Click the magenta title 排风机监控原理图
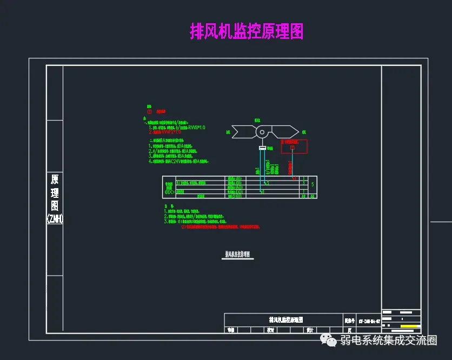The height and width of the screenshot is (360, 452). pos(247,31)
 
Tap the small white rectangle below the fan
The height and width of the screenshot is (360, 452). pos(263,148)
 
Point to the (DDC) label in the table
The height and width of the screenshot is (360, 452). pos(169,191)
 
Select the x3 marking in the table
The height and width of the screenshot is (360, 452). pos(265,183)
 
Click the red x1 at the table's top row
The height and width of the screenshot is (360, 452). pos(294,178)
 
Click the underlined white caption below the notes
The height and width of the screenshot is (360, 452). pos(238,254)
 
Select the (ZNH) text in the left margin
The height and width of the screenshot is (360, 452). pos(55,219)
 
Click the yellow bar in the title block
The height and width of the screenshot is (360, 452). pos(411,326)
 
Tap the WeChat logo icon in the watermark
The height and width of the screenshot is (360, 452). pos(328,340)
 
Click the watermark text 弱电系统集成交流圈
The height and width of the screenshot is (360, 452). pos(388,341)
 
